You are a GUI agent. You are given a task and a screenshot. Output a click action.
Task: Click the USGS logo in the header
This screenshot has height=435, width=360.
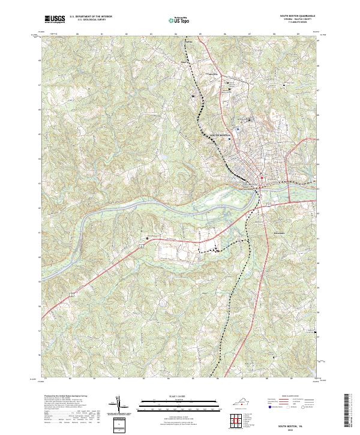[x=55, y=19]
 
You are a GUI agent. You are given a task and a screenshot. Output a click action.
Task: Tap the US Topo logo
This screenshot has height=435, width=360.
[x=179, y=19]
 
